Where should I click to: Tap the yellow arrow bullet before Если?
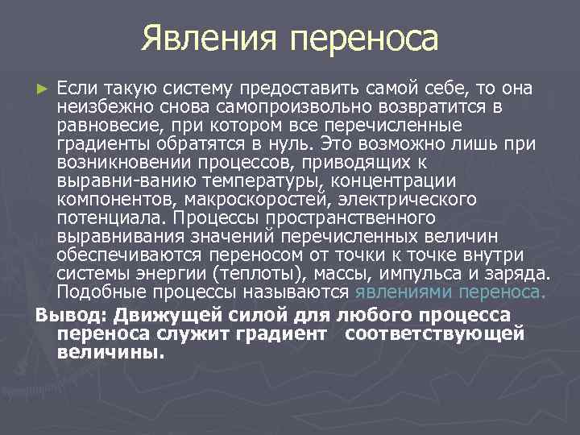(43, 87)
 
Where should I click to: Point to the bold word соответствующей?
(434, 333)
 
